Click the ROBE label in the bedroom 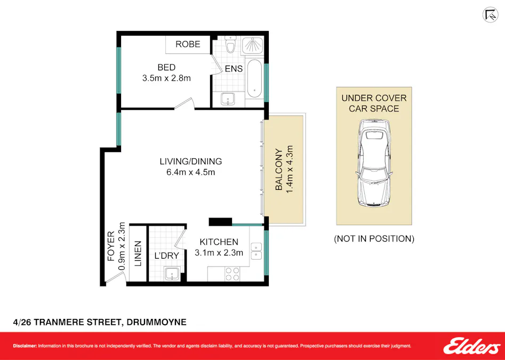point(188,44)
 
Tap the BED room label point(166,68)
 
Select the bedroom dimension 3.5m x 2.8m point(166,78)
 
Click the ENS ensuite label point(234,69)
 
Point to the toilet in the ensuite point(230,45)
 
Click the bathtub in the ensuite point(254,78)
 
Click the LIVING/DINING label point(190,162)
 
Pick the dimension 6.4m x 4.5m point(190,172)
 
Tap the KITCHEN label point(219,242)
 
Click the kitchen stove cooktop point(232,274)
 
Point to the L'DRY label point(166,256)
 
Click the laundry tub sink point(172,274)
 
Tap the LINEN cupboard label point(138,254)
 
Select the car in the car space point(374,163)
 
